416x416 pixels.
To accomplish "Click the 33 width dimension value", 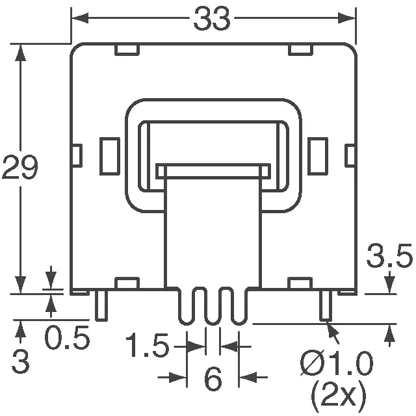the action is click(212, 19).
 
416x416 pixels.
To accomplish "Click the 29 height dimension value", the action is click(20, 167).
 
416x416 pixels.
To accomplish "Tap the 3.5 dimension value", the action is click(389, 256).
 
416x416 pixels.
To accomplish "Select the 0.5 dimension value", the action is click(67, 338).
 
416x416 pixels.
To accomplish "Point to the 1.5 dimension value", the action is click(148, 345).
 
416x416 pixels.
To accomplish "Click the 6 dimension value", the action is click(213, 378).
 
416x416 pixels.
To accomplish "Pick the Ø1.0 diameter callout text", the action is click(337, 363).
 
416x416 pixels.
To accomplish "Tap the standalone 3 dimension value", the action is click(20, 361).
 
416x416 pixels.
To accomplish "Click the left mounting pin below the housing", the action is click(101, 305).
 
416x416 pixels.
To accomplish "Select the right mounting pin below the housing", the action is click(326, 305).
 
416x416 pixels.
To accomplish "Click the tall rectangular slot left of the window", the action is click(110, 156).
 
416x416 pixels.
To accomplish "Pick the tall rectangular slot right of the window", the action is click(318, 156).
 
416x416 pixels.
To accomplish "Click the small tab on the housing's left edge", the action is click(77, 156).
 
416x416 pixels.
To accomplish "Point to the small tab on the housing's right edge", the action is click(350, 156).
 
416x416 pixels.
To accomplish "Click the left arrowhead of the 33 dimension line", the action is click(80, 18).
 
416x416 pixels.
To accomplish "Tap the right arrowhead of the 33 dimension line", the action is click(346, 18).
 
